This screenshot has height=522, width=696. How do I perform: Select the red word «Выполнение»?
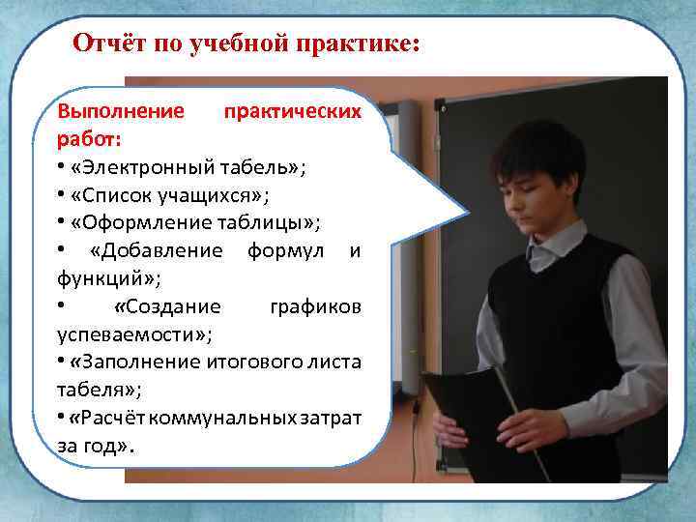[x=120, y=111]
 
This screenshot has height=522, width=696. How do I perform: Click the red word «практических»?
[x=293, y=111]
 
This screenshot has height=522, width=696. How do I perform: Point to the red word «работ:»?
[x=89, y=139]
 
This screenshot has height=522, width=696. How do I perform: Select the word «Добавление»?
[x=160, y=251]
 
